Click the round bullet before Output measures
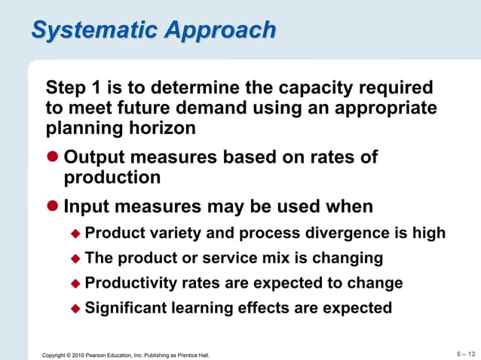click(53, 157)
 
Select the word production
click(112, 178)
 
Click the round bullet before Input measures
click(53, 206)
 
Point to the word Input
click(88, 206)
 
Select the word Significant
click(127, 308)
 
